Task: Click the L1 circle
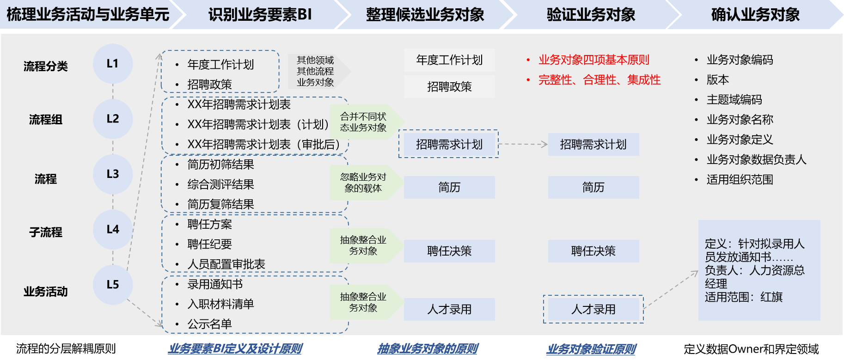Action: [x=113, y=64]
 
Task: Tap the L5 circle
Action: [x=113, y=285]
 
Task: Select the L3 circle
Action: [x=113, y=174]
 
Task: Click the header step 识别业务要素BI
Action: [x=260, y=15]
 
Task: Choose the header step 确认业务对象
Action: [x=755, y=15]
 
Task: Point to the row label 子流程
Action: [x=46, y=232]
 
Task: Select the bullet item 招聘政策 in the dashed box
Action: [x=209, y=85]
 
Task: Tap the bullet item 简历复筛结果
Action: [x=220, y=204]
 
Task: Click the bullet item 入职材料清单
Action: [x=220, y=304]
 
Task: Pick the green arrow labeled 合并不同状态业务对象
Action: [x=364, y=122]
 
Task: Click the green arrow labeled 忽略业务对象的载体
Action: [x=364, y=183]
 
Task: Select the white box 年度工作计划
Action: [x=449, y=60]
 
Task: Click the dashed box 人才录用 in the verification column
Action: [x=593, y=309]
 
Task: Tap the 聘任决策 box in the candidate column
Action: [x=449, y=251]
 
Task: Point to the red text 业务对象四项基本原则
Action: [x=593, y=60]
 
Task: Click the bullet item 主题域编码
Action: [x=734, y=100]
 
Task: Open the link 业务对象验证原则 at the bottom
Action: [x=591, y=349]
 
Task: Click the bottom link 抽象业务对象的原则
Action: [x=428, y=349]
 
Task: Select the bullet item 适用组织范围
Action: [x=740, y=180]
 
